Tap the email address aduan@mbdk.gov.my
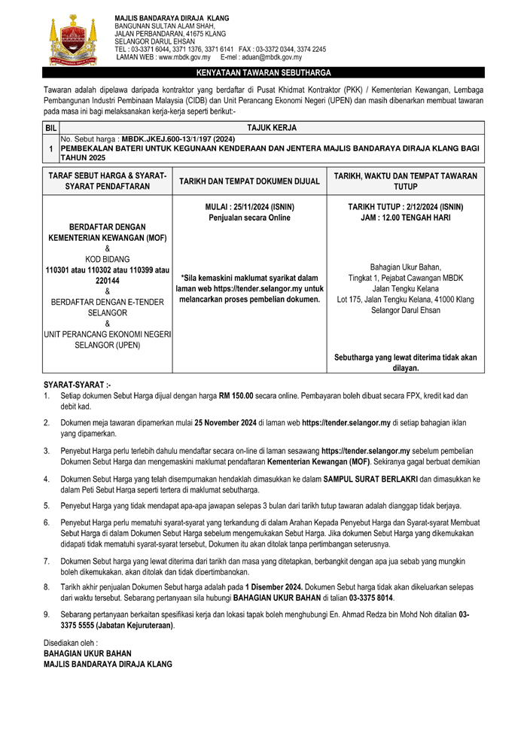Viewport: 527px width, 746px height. click(x=273, y=57)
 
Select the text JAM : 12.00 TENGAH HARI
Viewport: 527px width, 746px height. click(x=406, y=218)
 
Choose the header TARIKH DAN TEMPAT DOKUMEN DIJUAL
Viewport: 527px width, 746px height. click(x=250, y=181)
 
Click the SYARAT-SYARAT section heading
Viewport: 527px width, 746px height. click(x=78, y=384)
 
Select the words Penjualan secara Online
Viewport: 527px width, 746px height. click(x=250, y=218)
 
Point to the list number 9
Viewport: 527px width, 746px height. click(x=47, y=615)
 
